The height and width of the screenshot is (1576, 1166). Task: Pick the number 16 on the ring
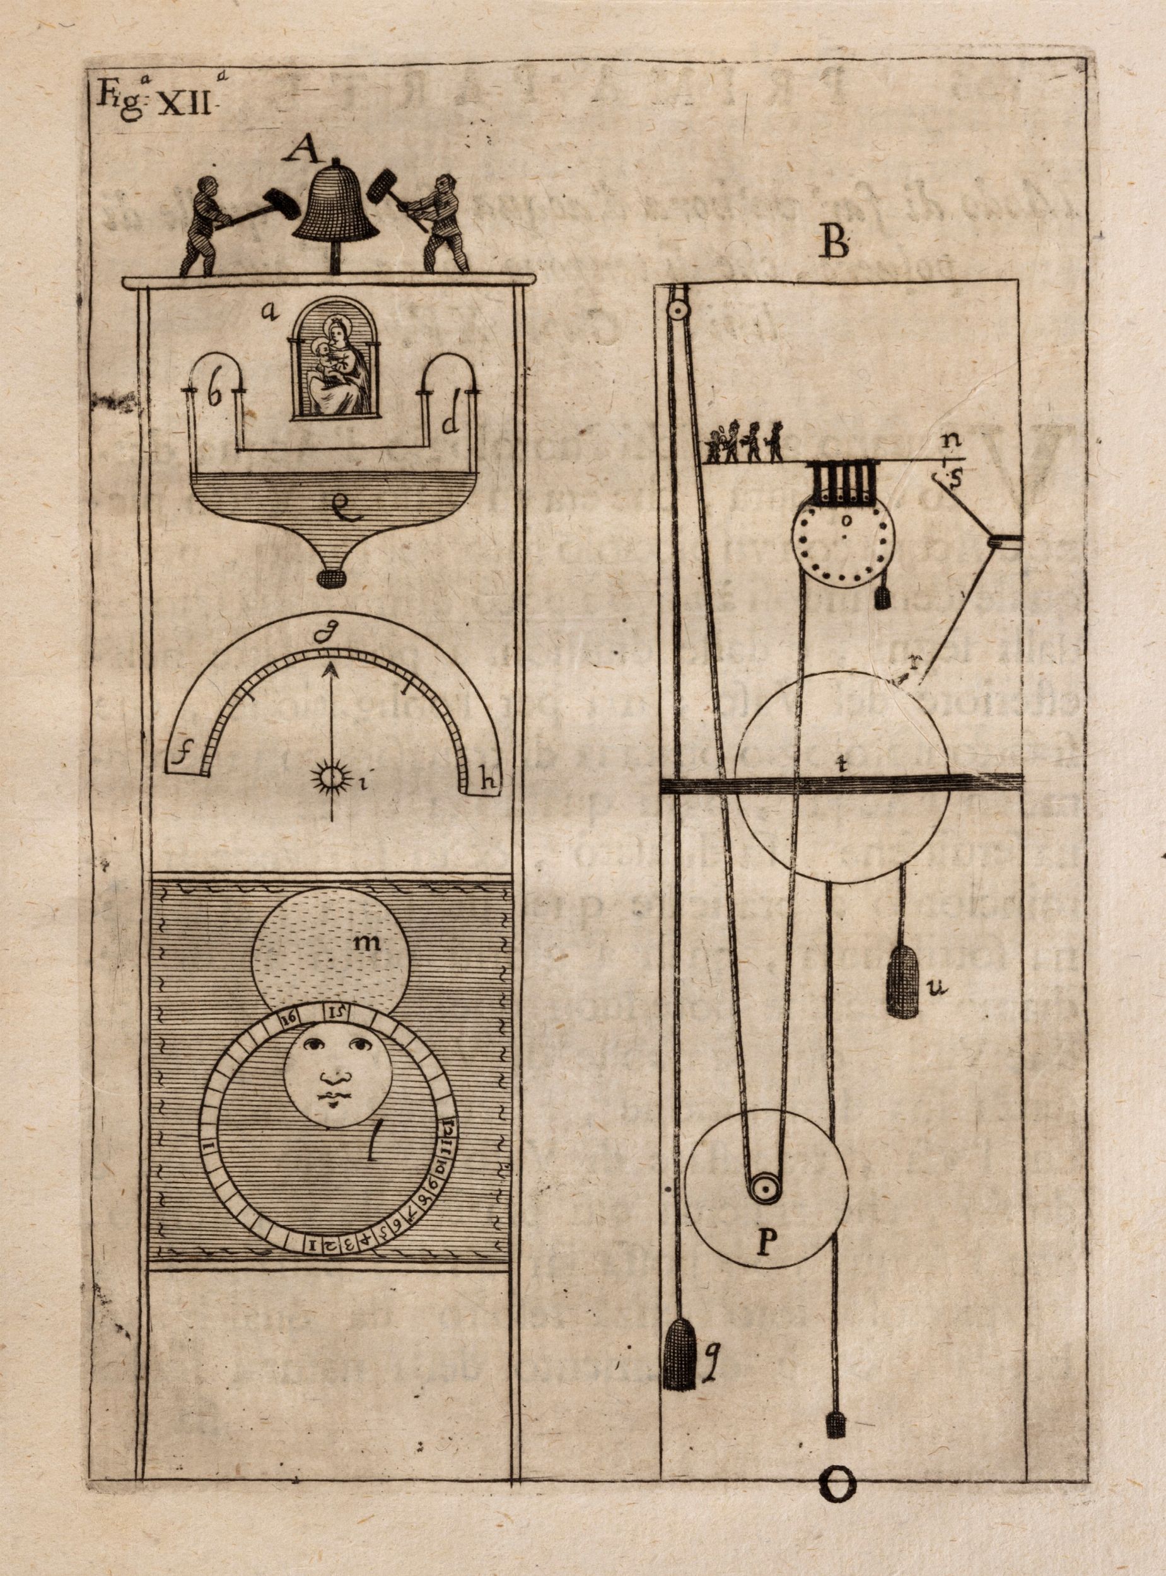click(x=288, y=1018)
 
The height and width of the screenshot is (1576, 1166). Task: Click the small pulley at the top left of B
click(x=679, y=308)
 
